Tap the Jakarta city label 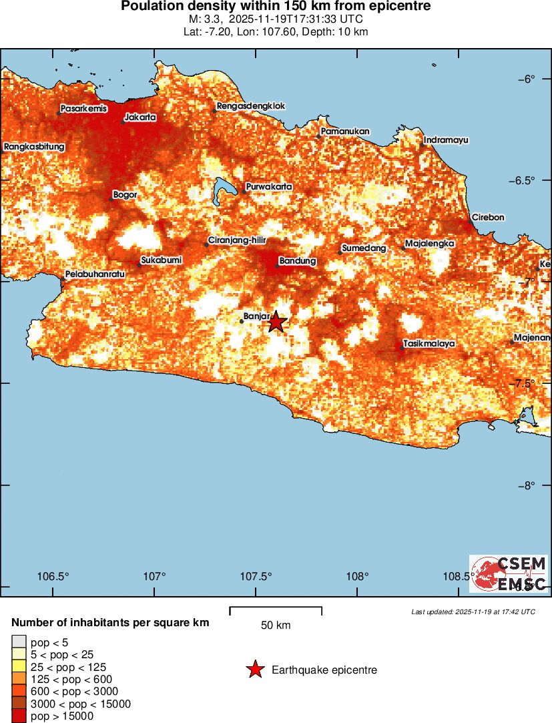[x=140, y=117]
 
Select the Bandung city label [x=297, y=261]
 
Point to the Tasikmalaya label [x=429, y=344]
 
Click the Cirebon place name [x=488, y=218]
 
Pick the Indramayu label [x=446, y=140]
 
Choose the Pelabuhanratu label [x=95, y=274]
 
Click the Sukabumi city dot [x=140, y=265]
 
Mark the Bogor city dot [x=111, y=199]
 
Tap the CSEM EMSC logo [x=509, y=574]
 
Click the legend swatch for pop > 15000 [x=19, y=716]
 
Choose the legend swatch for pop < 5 [x=19, y=642]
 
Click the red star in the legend [x=255, y=670]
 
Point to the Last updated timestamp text [x=473, y=612]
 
